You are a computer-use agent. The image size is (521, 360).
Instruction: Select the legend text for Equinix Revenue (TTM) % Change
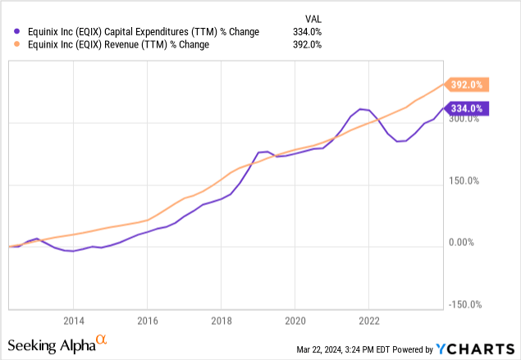tap(112, 45)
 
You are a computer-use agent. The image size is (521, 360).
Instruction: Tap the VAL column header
tap(313, 17)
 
